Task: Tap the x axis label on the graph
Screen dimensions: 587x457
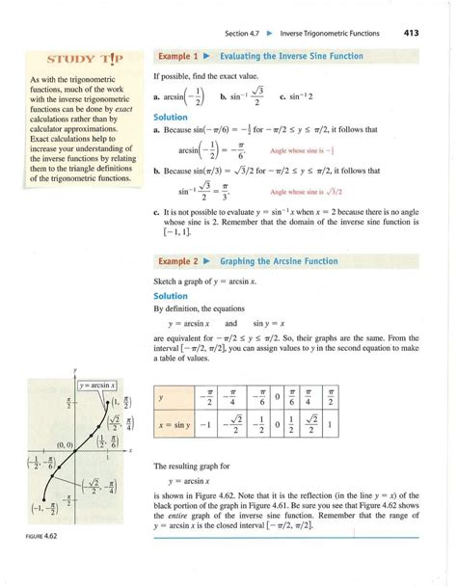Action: [129, 451]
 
